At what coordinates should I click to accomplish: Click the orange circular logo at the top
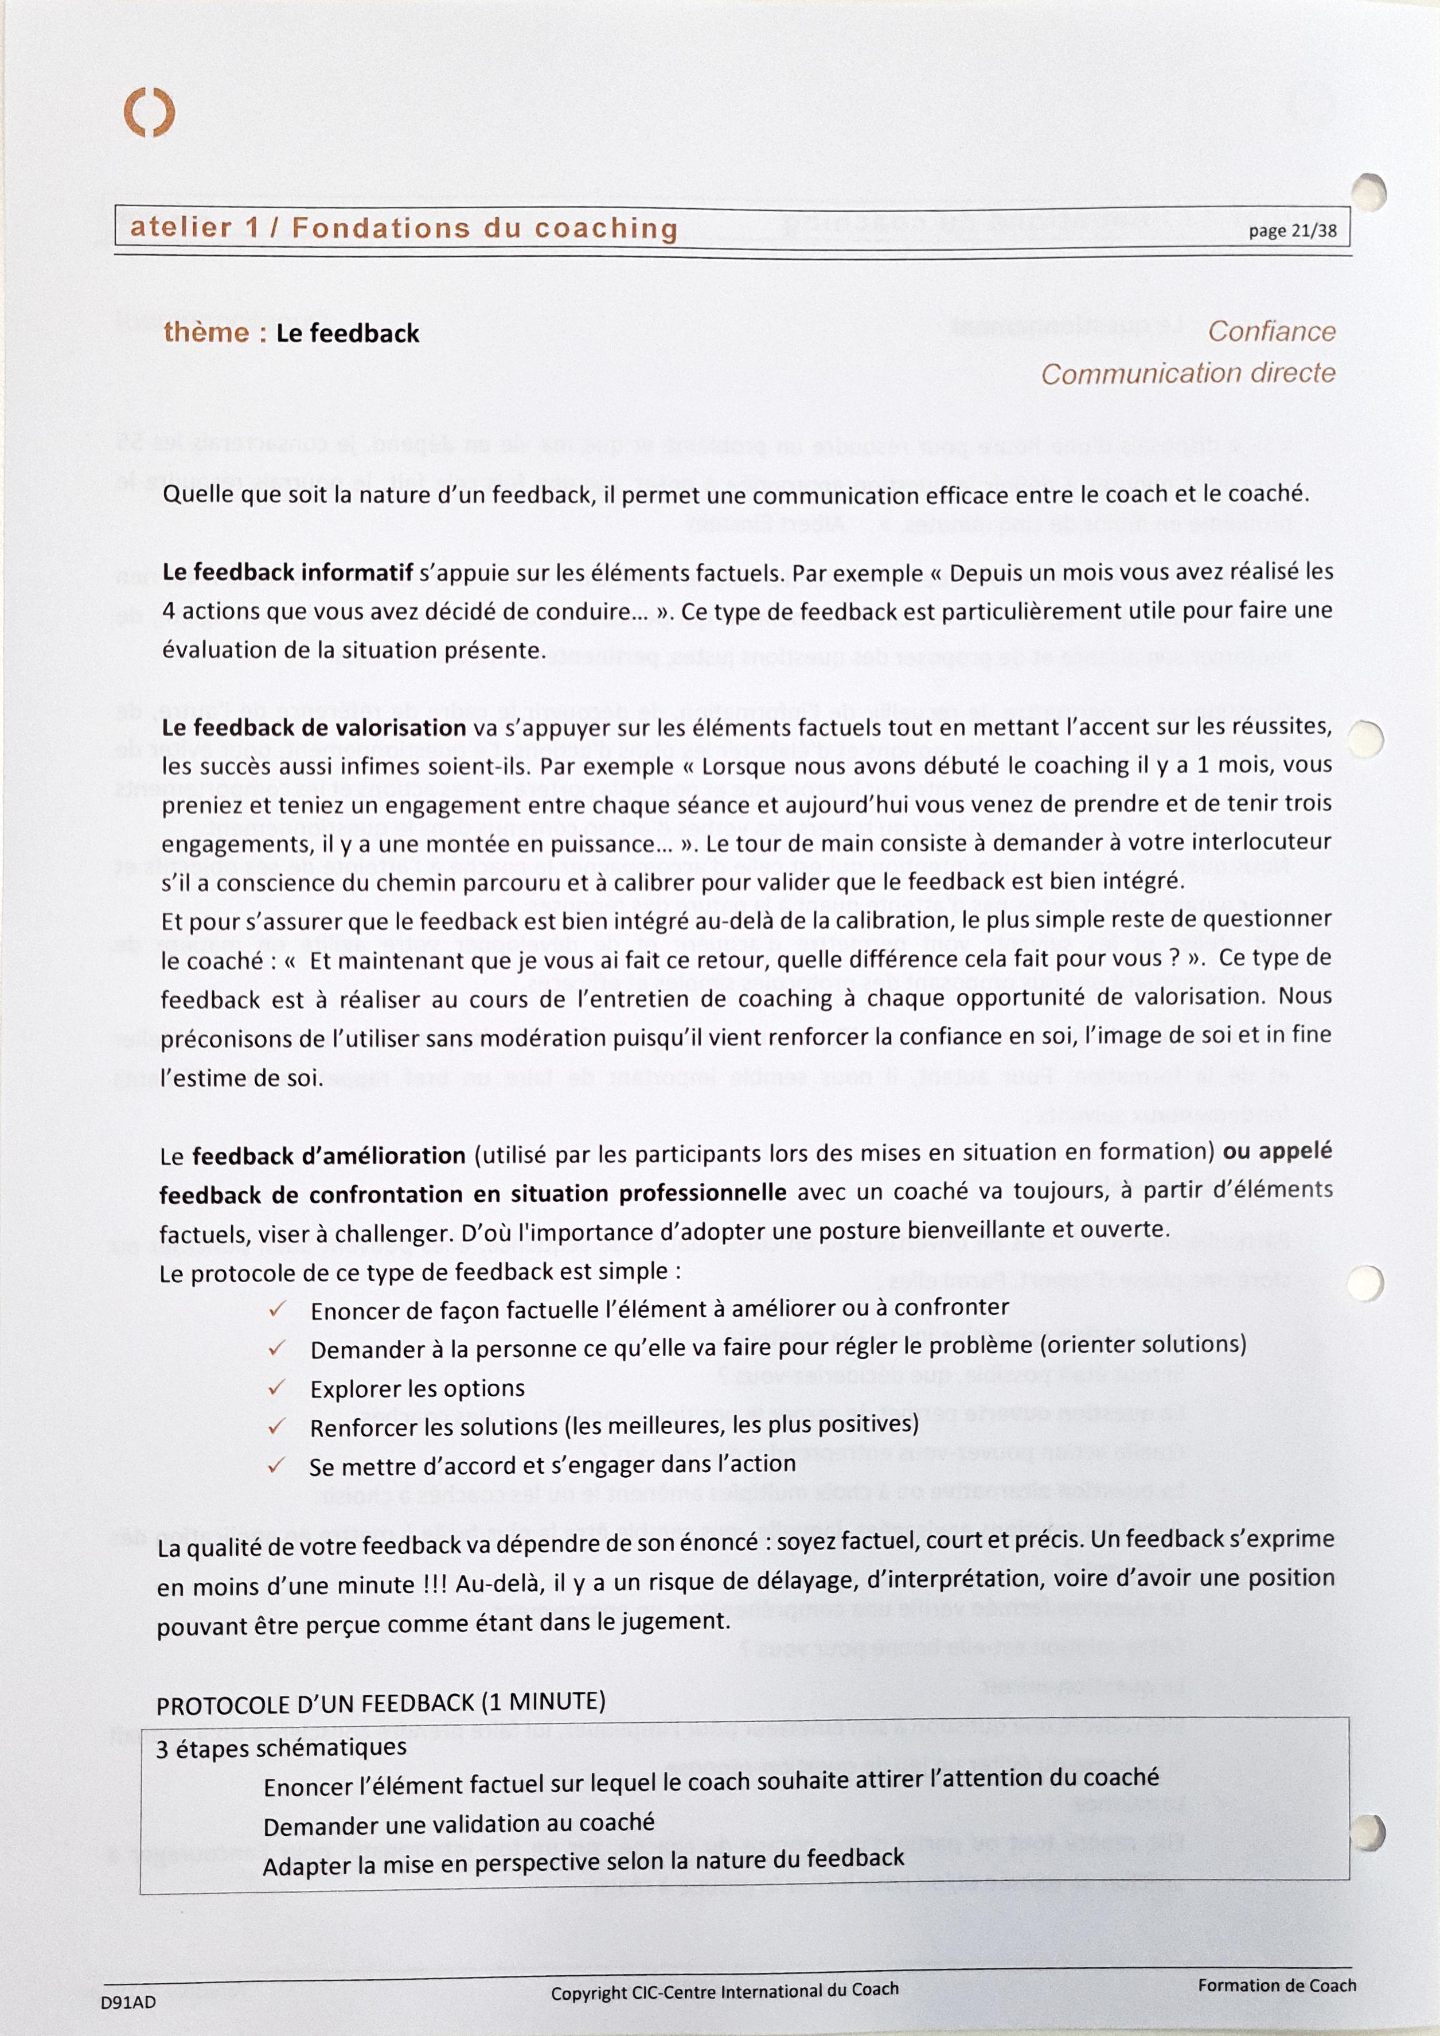click(149, 112)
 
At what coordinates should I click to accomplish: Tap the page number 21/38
click(1292, 231)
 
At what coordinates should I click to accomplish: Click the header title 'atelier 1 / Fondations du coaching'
click(404, 228)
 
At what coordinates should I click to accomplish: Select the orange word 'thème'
click(206, 333)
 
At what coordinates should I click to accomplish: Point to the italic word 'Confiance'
click(1271, 332)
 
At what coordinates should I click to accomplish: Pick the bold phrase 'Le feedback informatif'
click(287, 572)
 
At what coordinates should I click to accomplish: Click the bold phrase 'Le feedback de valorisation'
click(314, 728)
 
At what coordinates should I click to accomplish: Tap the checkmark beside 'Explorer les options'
click(276, 1387)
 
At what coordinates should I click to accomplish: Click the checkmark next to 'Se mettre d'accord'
click(276, 1465)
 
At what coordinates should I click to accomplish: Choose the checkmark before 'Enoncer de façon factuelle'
click(276, 1309)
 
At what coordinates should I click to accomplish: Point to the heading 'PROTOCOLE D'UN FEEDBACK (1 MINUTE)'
click(381, 1703)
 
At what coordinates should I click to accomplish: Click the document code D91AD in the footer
click(128, 2002)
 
